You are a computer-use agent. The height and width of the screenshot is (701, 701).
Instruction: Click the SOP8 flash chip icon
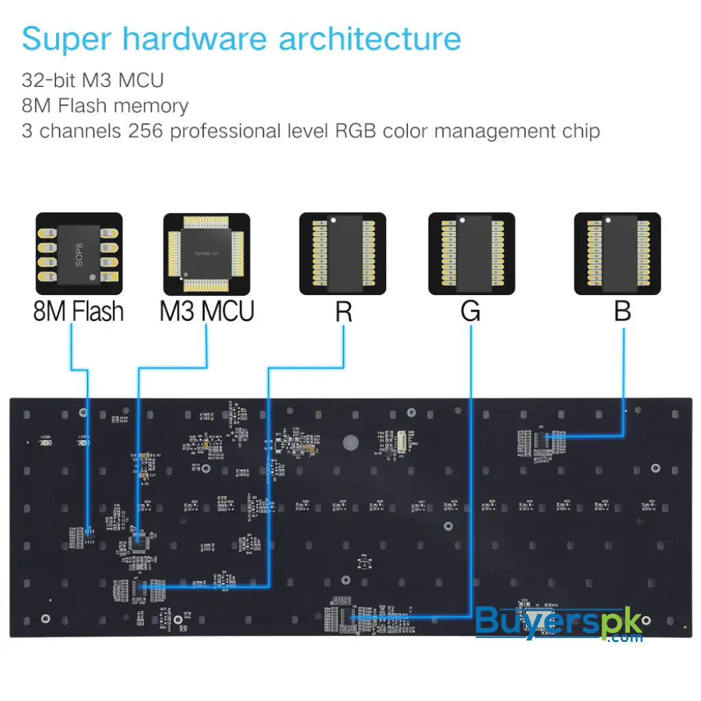pos(79,253)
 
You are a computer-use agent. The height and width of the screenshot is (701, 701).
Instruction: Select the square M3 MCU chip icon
pos(206,254)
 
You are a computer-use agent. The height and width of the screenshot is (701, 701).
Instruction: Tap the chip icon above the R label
pos(342,254)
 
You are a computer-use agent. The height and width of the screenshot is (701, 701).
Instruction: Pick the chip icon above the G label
pos(471,254)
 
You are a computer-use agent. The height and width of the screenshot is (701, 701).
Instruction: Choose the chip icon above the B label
pos(617,254)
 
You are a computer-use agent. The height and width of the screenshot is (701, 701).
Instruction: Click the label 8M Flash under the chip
pos(79,311)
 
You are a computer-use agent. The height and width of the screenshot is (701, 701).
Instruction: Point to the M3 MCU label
pos(207,311)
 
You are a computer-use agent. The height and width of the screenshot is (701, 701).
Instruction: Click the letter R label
pos(344,312)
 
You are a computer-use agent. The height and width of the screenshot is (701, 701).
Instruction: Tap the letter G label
pos(470,312)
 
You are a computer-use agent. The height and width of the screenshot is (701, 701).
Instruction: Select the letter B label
pos(622,312)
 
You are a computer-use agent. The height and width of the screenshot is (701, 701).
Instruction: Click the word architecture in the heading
pos(370,40)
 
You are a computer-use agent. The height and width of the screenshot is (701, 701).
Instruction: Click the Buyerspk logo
pos(558,623)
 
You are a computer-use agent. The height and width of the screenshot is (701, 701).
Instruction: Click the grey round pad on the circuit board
pos(350,442)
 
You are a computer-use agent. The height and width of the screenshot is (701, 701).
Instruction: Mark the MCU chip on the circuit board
pos(140,541)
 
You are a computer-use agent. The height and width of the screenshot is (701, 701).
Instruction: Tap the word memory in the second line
pos(151,106)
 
